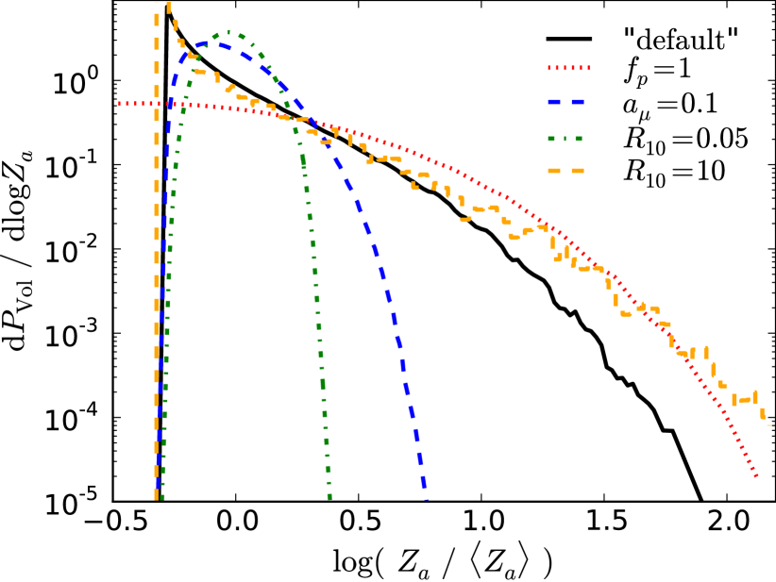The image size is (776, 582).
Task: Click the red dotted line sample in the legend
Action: pos(568,68)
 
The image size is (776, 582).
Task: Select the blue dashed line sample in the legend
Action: pos(565,102)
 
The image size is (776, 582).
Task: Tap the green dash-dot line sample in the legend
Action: pos(565,139)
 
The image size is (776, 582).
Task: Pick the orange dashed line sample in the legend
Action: pos(565,171)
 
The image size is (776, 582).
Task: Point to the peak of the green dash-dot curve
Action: pos(228,33)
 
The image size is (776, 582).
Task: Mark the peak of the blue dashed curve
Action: pos(213,43)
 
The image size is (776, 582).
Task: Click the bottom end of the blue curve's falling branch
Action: pos(425,496)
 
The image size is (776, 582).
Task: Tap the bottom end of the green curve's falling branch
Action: pos(329,496)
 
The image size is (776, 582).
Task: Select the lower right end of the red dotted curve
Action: pos(756,476)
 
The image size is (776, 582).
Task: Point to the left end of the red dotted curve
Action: pos(120,104)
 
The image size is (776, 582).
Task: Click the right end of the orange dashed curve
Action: pos(768,424)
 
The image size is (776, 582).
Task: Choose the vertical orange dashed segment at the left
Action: pos(157,283)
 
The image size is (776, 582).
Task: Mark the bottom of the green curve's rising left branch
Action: pos(162,496)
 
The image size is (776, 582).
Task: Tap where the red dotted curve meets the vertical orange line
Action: pos(157,104)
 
